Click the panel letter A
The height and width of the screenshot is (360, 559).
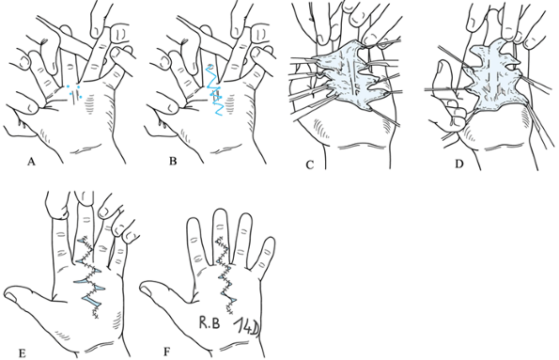[x=31, y=162]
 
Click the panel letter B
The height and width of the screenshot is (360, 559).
[x=173, y=162]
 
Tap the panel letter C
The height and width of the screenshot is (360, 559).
[x=309, y=164]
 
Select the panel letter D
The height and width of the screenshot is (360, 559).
[x=459, y=164]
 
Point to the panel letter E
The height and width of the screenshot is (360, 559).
[x=23, y=353]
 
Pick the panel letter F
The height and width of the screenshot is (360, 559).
[x=167, y=352]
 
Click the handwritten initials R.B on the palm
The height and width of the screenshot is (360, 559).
[x=210, y=323]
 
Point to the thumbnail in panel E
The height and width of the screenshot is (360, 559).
[x=10, y=296]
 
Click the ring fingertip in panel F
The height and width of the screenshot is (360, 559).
[x=245, y=219]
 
